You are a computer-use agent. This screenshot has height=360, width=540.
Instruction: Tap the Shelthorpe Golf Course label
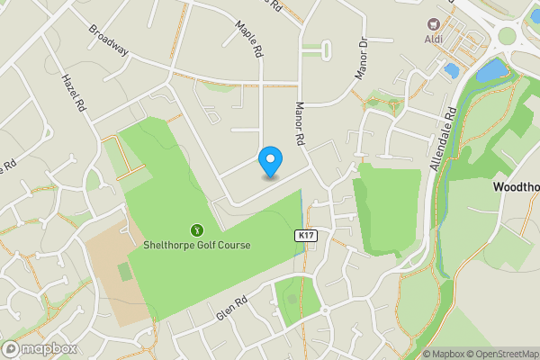[197, 245]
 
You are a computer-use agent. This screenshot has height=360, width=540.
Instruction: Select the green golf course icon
[197, 229]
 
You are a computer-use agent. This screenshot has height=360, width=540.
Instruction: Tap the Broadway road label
[108, 40]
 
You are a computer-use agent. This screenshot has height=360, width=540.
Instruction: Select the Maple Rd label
[248, 40]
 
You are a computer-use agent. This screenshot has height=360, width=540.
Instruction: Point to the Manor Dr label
[363, 58]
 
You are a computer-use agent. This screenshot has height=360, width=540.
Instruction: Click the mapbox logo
[40, 348]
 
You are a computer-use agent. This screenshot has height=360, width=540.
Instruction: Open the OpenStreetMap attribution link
[499, 354]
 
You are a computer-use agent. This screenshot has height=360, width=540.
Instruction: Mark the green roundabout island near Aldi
[508, 36]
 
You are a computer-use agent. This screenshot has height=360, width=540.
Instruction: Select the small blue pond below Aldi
[451, 68]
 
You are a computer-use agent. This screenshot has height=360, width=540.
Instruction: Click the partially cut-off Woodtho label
[517, 186]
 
